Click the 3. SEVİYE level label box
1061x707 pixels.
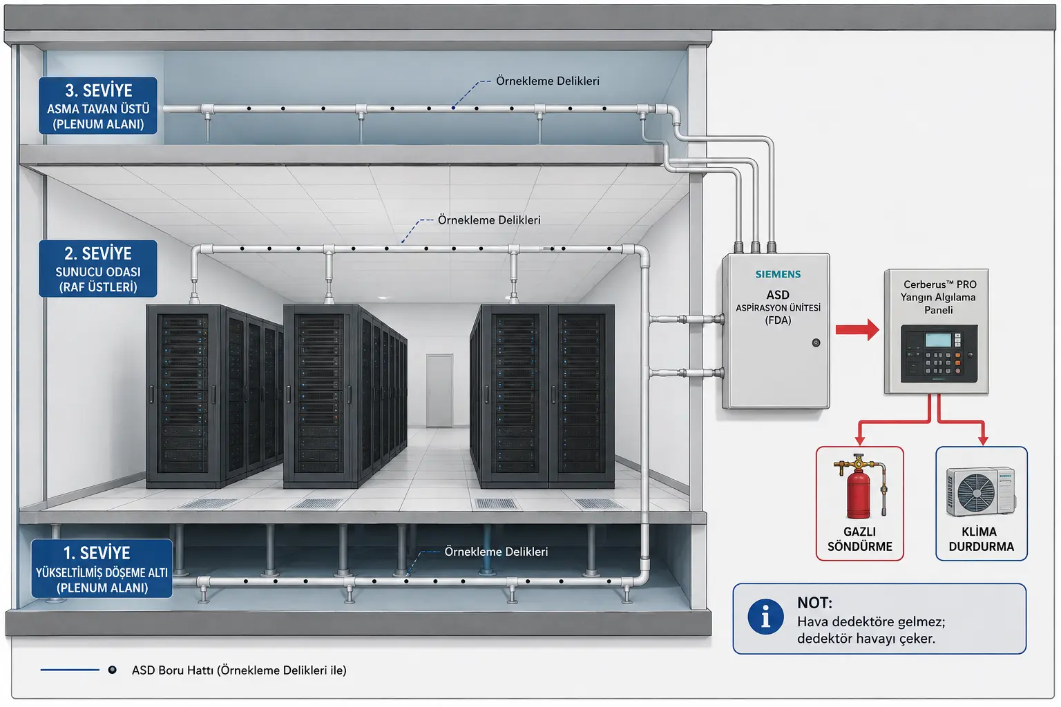point(98,106)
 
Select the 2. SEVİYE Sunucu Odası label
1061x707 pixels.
point(98,269)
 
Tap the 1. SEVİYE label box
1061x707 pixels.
point(102,568)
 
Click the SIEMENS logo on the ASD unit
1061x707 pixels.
point(778,274)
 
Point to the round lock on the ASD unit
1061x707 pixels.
point(816,342)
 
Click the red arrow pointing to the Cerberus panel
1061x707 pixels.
point(857,329)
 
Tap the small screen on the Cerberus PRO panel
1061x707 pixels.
point(938,340)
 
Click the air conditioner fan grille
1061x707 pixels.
point(976,492)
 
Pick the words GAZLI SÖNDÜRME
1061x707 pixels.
point(860,539)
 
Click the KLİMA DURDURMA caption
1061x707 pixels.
point(981,539)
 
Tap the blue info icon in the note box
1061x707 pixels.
point(765,617)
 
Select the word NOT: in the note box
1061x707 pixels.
point(814,603)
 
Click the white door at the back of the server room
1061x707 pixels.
point(439,391)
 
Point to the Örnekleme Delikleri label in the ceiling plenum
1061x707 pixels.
point(548,81)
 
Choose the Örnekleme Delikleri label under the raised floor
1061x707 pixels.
point(496,552)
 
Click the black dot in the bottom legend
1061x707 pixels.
point(113,670)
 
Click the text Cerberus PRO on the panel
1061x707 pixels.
point(939,284)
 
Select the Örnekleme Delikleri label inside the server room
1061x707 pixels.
point(489,220)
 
